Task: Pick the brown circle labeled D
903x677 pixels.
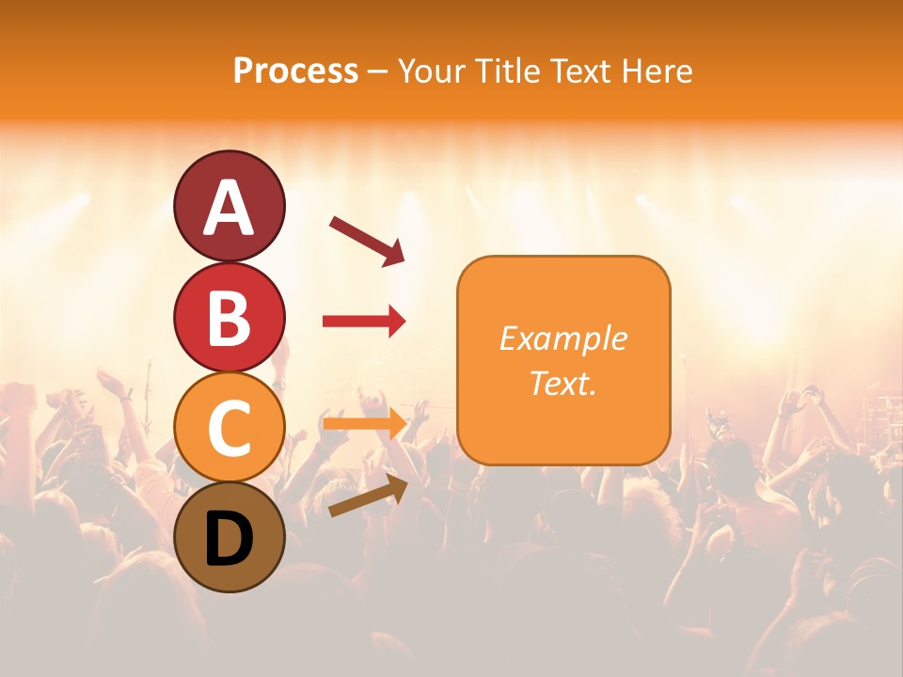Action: [x=229, y=565]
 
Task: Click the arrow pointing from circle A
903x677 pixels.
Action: [x=367, y=240]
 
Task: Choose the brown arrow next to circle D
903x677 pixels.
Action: [x=368, y=495]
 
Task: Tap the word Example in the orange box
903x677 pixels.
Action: [x=563, y=338]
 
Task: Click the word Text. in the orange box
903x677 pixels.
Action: [x=563, y=383]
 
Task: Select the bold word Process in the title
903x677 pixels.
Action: [x=295, y=71]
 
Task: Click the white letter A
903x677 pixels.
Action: [x=229, y=209]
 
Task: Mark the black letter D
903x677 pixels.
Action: [x=229, y=541]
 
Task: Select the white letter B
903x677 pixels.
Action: [x=229, y=318]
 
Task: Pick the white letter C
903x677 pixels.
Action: [x=229, y=429]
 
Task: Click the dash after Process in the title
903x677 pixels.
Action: [x=377, y=72]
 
